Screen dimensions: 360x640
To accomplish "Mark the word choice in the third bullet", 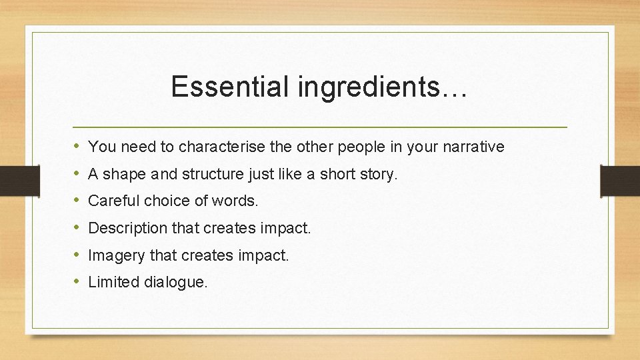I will [163, 201].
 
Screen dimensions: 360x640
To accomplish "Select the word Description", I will [128, 228].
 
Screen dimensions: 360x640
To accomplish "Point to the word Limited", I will [110, 282].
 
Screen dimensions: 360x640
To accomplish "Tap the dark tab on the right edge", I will [620, 180].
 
